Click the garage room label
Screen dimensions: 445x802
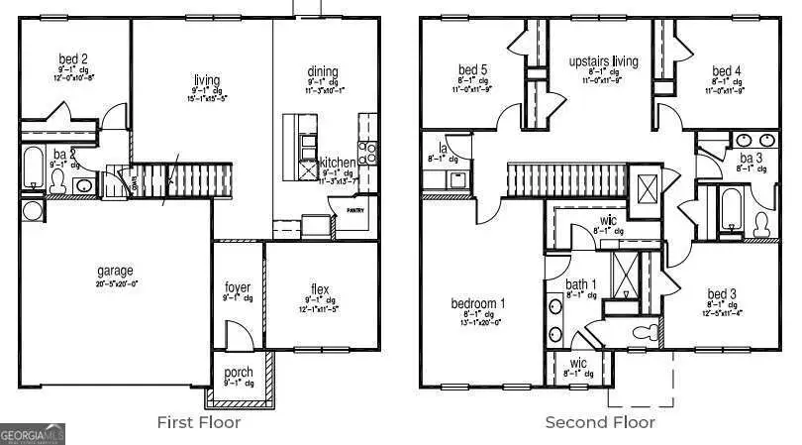[115, 271]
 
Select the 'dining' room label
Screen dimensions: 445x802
[323, 71]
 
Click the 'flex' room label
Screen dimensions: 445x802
[320, 289]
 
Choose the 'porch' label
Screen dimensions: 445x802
[238, 373]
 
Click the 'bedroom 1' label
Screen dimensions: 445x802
[479, 303]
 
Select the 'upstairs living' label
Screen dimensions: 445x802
[603, 61]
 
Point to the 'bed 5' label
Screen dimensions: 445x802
[472, 70]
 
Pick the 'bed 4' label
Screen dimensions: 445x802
[726, 70]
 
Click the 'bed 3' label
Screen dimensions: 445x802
[721, 293]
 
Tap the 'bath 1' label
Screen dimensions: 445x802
[581, 285]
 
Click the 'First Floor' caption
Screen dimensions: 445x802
[198, 422]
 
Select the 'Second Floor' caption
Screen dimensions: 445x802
[600, 422]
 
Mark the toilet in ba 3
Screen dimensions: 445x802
[762, 224]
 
